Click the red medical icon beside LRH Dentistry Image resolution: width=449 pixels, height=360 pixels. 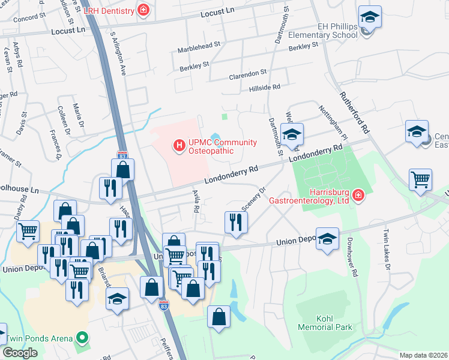click(143, 10)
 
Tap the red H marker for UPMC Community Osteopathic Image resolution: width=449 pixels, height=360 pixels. click(178, 145)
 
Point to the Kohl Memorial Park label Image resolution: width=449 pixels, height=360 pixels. click(325, 323)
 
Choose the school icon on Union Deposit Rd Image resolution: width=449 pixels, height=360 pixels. click(327, 238)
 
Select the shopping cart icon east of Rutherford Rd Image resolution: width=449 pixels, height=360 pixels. click(420, 179)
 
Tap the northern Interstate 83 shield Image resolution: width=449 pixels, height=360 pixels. click(122, 155)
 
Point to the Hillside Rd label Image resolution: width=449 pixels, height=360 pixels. click(265, 87)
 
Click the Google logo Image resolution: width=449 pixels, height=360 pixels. click(20, 353)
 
